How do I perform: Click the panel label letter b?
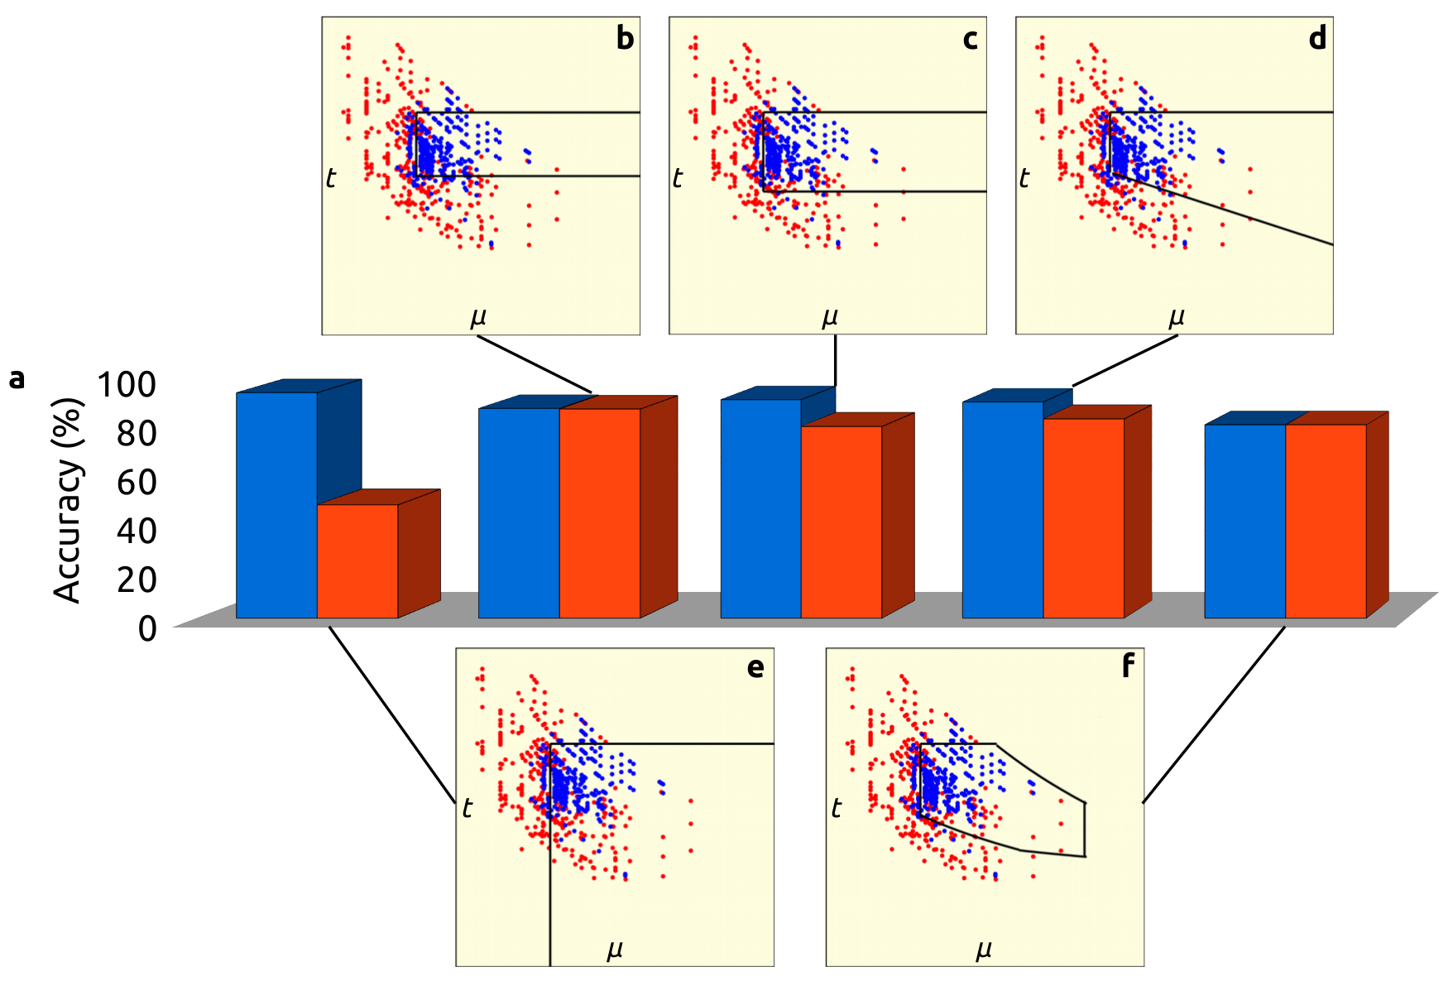(x=625, y=38)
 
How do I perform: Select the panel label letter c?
(x=971, y=38)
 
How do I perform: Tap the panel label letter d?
(x=1317, y=38)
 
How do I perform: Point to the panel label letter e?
(x=755, y=667)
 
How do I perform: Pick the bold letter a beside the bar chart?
(x=17, y=379)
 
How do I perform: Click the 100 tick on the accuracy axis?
(x=126, y=384)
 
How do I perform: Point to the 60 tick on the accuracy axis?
(x=136, y=482)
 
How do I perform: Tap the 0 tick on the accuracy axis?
(x=147, y=629)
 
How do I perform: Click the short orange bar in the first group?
(x=357, y=560)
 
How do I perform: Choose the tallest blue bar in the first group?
(x=276, y=505)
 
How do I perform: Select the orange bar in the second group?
(x=600, y=513)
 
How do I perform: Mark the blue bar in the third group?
(x=760, y=508)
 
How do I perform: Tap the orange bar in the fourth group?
(x=1084, y=518)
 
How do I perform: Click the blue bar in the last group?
(x=1244, y=522)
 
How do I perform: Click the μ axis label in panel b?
(x=478, y=316)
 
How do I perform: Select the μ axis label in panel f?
(x=984, y=948)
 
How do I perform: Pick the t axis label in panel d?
(x=1024, y=177)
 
